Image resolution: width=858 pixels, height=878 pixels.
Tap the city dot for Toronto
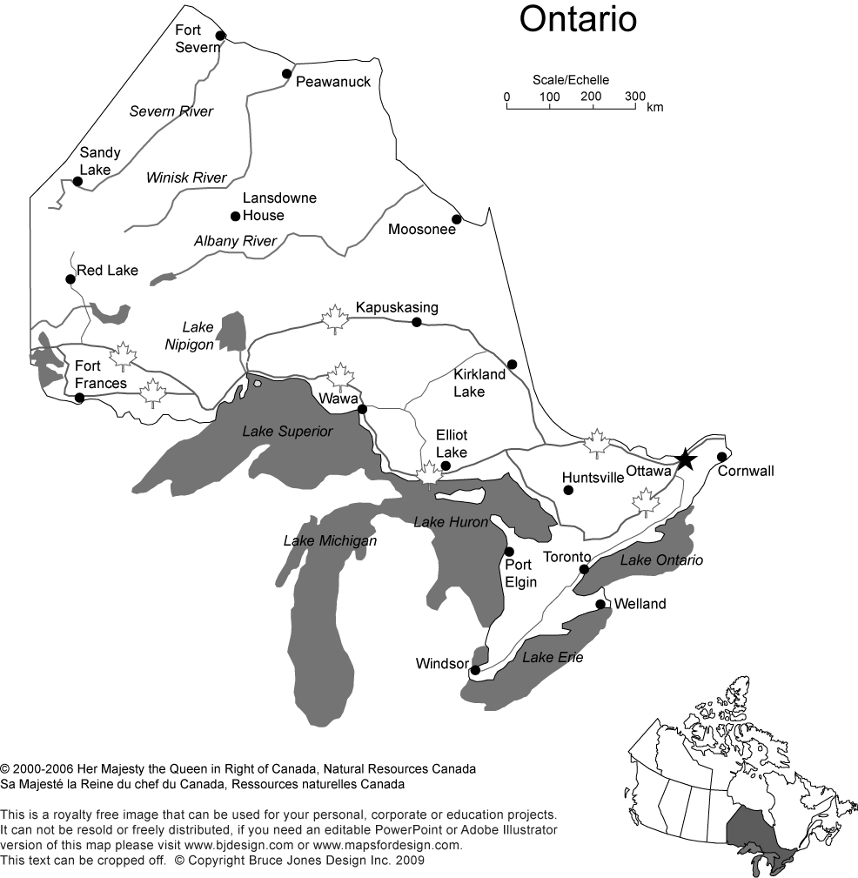pyautogui.click(x=585, y=569)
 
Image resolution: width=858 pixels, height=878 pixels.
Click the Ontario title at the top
pyautogui.click(x=578, y=19)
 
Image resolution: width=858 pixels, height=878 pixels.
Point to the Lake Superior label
pyautogui.click(x=287, y=432)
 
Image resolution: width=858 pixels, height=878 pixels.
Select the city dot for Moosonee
pyautogui.click(x=456, y=218)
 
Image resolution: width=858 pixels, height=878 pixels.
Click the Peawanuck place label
pyautogui.click(x=333, y=82)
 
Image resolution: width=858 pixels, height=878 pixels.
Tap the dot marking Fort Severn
pyautogui.click(x=220, y=36)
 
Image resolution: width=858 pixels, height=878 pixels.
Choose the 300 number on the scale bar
pyautogui.click(x=635, y=96)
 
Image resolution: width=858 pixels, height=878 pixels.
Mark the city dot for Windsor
pyautogui.click(x=475, y=670)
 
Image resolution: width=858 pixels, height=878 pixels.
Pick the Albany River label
pyautogui.click(x=235, y=241)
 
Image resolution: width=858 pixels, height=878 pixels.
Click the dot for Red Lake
pyautogui.click(x=70, y=279)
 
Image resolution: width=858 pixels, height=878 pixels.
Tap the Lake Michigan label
pyautogui.click(x=330, y=541)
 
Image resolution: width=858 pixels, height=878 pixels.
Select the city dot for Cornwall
pyautogui.click(x=721, y=457)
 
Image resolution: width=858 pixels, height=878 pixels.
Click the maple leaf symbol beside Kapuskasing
pyautogui.click(x=334, y=318)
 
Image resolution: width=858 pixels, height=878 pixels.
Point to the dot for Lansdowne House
pyautogui.click(x=234, y=216)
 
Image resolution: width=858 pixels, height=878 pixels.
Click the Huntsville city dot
pyautogui.click(x=568, y=490)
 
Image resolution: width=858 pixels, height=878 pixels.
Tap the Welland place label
pyautogui.click(x=640, y=604)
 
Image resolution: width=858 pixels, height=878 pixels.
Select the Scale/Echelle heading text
pyautogui.click(x=571, y=80)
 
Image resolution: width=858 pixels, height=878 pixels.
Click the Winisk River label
pyautogui.click(x=186, y=178)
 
